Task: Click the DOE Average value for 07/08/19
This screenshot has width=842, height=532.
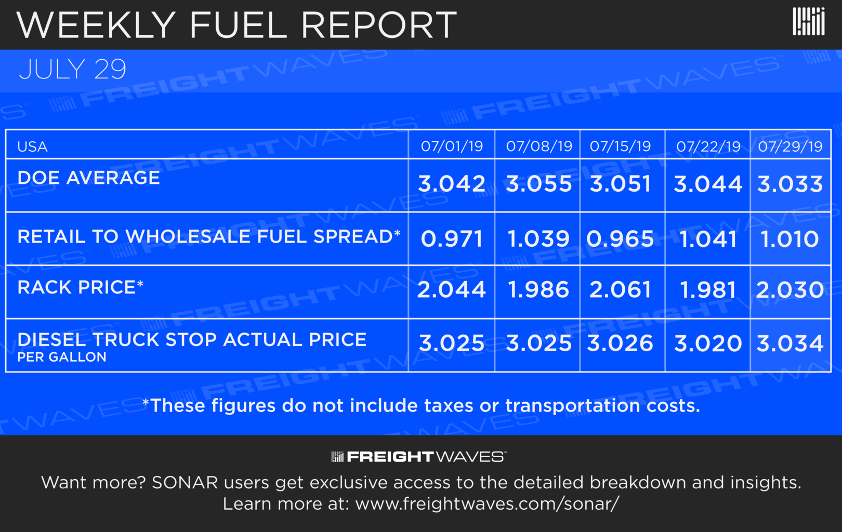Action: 538,184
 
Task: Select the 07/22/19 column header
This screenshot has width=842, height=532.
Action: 708,147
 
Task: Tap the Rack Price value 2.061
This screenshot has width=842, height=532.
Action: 620,289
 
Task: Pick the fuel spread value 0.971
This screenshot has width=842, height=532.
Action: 452,239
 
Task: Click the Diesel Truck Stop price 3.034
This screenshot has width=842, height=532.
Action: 790,343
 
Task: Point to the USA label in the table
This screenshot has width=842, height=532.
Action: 32,147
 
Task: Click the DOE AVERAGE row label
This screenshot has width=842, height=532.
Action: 88,178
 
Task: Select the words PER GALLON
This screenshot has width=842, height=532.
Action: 61,357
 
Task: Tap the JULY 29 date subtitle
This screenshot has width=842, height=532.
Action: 72,70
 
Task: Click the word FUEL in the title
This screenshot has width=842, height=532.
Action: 238,25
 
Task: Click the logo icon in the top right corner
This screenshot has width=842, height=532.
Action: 808,22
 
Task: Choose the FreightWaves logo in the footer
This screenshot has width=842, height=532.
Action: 418,457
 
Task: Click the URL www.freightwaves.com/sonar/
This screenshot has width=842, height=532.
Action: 487,504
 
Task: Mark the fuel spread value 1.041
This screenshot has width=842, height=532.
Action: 708,239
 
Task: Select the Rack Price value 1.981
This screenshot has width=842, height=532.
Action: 708,289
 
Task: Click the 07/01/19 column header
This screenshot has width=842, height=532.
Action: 452,147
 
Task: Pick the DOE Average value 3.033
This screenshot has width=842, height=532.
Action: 790,184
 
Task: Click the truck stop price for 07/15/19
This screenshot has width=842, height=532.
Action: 620,343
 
